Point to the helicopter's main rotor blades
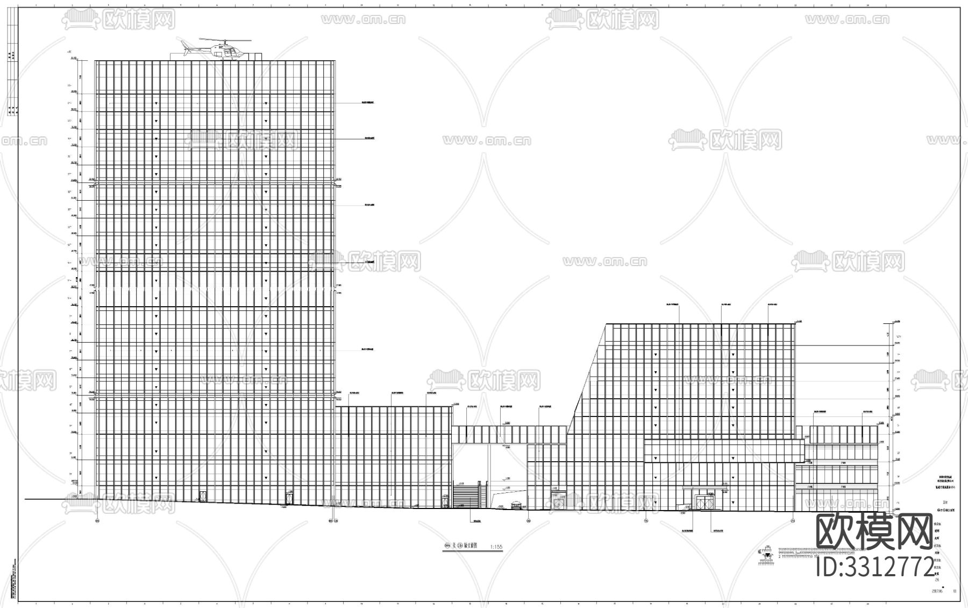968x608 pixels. (x=224, y=39)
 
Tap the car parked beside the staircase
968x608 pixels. (x=516, y=504)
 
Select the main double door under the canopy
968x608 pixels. (x=703, y=503)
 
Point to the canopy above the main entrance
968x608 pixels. (x=703, y=487)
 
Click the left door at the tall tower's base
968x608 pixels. (x=203, y=496)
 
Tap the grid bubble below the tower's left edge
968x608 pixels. (x=97, y=521)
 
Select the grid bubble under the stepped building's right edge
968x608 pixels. (x=793, y=520)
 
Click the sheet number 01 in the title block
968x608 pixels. (x=955, y=590)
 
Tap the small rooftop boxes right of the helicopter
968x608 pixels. (x=254, y=55)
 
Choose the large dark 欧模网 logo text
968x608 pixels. (x=875, y=532)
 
